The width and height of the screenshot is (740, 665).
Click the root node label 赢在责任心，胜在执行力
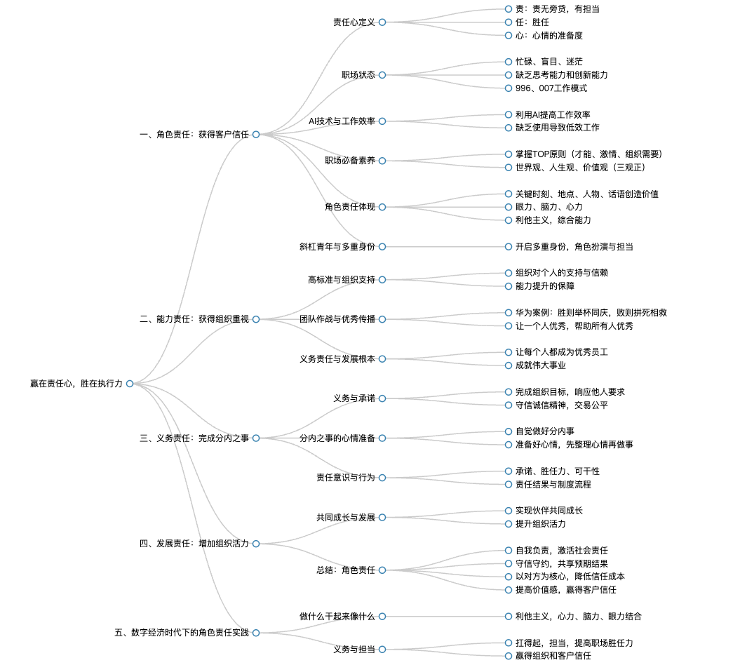coord(76,384)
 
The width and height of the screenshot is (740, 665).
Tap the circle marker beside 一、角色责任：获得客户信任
coord(256,135)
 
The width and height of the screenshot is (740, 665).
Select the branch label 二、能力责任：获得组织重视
coord(194,319)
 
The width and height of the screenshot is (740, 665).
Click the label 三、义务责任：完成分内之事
coord(194,438)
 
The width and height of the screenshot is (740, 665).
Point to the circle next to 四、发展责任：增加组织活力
coord(256,544)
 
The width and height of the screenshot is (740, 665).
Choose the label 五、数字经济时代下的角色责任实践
coord(182,633)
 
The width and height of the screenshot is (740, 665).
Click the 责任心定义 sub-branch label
coord(354,22)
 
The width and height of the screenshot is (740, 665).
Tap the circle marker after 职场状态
coord(382,75)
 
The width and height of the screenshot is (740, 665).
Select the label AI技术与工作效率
coord(342,121)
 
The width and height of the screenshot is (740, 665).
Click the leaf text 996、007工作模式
coord(551,88)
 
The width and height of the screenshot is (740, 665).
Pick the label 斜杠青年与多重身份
coord(337,246)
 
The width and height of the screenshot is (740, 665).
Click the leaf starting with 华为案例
coord(591,312)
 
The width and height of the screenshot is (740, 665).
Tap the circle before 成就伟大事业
coord(509,365)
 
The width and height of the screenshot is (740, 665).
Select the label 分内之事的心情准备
coord(337,438)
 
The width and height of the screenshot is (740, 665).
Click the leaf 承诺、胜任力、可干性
coord(558,471)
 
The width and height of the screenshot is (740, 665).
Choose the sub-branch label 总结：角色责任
coord(346,570)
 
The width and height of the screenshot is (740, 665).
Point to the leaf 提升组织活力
coord(540,524)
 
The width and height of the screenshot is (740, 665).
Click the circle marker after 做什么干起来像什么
coord(382,617)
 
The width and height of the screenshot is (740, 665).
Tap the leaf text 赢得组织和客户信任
coord(553,656)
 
